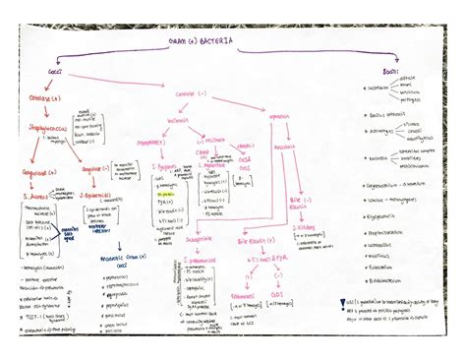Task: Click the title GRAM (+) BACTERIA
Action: [201, 41]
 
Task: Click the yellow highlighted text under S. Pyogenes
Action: [170, 194]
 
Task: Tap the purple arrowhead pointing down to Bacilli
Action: [395, 61]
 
